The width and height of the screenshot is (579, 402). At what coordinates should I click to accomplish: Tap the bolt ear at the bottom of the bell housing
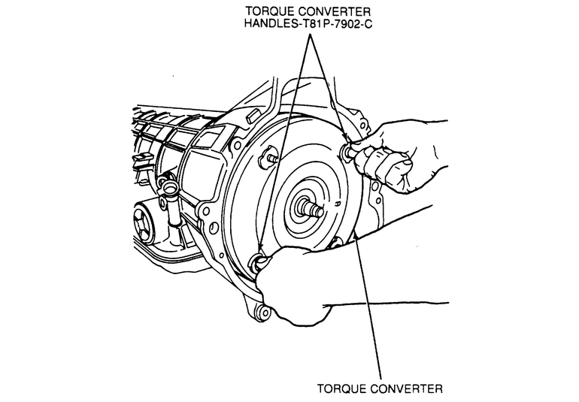pyautogui.click(x=261, y=313)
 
